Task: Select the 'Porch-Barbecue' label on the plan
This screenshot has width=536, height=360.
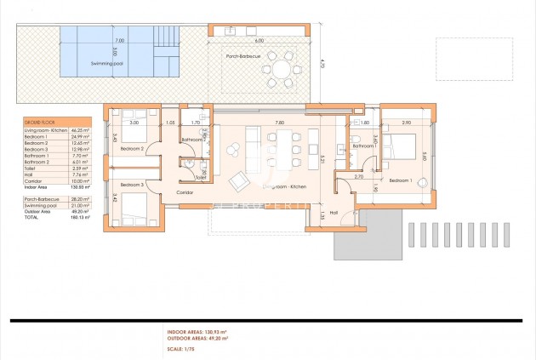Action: point(245,56)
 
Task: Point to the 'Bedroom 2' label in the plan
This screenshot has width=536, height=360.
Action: point(132,148)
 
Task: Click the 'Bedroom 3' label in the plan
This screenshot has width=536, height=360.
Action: point(132,184)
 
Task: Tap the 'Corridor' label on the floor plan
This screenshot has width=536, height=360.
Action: point(185,192)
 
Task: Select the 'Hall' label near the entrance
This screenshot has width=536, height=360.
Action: point(334,212)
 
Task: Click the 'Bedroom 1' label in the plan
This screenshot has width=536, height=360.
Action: point(400,180)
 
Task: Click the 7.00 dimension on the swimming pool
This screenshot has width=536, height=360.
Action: point(119,40)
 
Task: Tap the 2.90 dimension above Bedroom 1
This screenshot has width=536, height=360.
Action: point(407,123)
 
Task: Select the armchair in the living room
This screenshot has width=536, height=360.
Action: point(239,180)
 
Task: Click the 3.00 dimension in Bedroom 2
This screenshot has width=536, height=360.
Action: point(134,123)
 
